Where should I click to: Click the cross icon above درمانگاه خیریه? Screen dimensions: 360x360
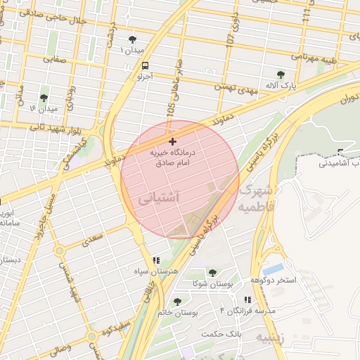pos(172,141)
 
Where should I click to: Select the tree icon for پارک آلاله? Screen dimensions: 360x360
pos(281,74)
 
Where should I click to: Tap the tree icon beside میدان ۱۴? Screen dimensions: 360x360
pos(44,98)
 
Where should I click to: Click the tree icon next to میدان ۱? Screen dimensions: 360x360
pos(133,39)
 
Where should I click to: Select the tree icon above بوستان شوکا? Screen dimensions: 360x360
pos(212,273)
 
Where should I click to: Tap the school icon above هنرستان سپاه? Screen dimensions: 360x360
pos(155,261)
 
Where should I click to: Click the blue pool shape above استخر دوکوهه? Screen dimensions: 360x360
pos(274,269)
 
